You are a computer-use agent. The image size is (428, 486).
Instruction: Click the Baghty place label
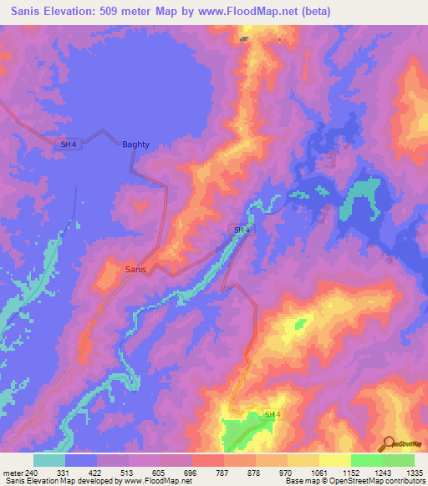pyautogui.click(x=136, y=144)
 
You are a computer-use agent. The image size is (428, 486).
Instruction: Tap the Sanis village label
pyautogui.click(x=135, y=270)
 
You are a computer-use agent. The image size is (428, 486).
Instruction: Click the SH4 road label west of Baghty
pyautogui.click(x=69, y=144)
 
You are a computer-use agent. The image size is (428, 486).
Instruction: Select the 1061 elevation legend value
pyautogui.click(x=318, y=473)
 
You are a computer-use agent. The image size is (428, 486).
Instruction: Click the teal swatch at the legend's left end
pyautogui.click(x=49, y=460)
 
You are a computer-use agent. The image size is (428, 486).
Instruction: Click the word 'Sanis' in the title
pyautogui.click(x=30, y=12)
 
